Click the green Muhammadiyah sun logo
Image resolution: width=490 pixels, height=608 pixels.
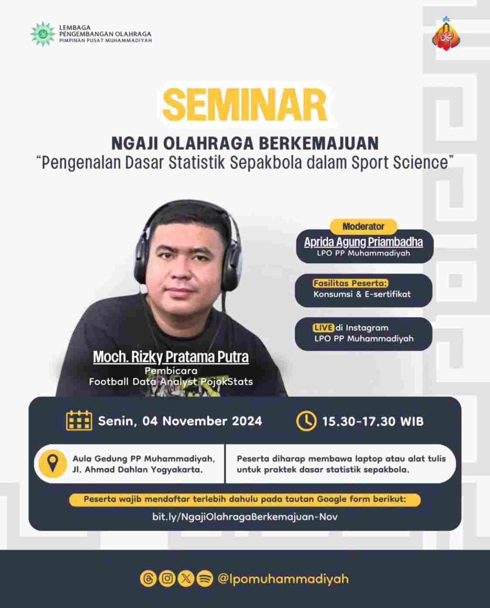click(x=43, y=34)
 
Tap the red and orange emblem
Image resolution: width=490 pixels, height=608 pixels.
click(x=446, y=34)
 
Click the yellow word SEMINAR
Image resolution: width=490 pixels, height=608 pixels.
click(x=245, y=105)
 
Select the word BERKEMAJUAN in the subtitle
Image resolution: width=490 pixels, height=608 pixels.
click(x=319, y=143)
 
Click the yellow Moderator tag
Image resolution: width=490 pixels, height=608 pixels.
click(x=363, y=227)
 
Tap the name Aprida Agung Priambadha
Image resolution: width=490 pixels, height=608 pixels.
click(x=364, y=242)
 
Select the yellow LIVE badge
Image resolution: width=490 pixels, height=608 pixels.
click(x=323, y=328)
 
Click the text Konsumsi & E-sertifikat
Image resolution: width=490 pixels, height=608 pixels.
click(x=362, y=294)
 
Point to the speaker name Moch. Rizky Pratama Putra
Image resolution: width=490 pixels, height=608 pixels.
click(x=171, y=357)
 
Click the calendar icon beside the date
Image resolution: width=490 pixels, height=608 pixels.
click(x=79, y=421)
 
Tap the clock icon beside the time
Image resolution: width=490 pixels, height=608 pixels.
click(x=306, y=421)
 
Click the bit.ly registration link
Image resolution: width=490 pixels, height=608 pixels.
click(x=245, y=517)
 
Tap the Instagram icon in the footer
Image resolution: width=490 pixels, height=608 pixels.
click(x=167, y=578)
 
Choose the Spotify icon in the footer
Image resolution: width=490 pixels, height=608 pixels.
click(x=205, y=578)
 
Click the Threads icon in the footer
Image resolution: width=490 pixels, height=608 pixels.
click(x=148, y=578)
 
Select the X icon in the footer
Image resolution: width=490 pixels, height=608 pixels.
click(x=186, y=578)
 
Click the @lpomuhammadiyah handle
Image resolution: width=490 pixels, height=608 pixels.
click(x=283, y=579)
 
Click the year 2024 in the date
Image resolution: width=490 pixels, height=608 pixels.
click(x=247, y=421)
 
